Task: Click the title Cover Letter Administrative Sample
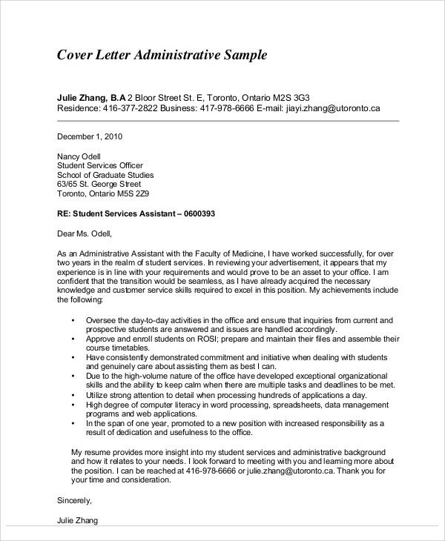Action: pyautogui.click(x=162, y=56)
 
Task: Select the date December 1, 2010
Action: pyautogui.click(x=90, y=136)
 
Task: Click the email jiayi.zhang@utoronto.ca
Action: pyautogui.click(x=333, y=108)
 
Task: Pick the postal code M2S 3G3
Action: pyautogui.click(x=289, y=97)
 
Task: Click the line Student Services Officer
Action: pyautogui.click(x=100, y=165)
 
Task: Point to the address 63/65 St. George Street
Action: pyautogui.click(x=99, y=185)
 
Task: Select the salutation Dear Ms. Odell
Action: pyautogui.click(x=84, y=233)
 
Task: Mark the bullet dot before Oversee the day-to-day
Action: pyautogui.click(x=73, y=319)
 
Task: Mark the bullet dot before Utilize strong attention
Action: pyautogui.click(x=73, y=395)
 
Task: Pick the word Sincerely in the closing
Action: pyautogui.click(x=76, y=500)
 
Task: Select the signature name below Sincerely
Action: pyautogui.click(x=77, y=520)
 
